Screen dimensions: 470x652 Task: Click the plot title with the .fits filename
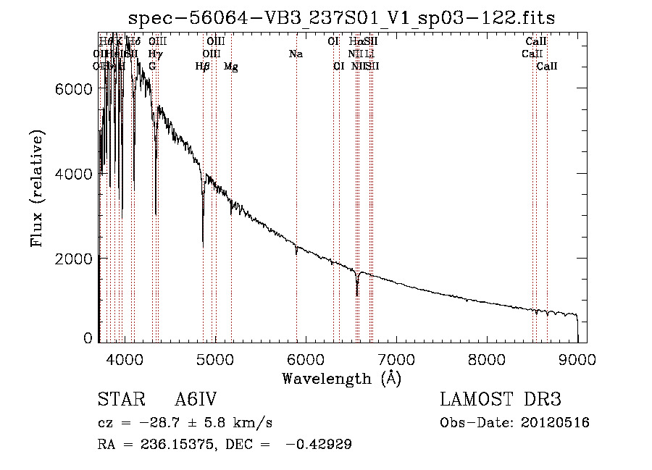tap(341, 18)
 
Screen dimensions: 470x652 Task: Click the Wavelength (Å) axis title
tap(341, 378)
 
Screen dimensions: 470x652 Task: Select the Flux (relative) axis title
tap(38, 190)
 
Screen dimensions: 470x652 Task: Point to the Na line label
tap(296, 54)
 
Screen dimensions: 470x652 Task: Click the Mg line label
tap(230, 67)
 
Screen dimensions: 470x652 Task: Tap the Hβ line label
tap(203, 67)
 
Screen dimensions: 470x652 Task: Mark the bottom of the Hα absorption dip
tap(357, 295)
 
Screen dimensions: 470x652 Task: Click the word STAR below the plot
tap(119, 400)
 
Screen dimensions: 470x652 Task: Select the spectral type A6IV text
tap(196, 400)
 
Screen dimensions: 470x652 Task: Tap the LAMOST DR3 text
tap(500, 400)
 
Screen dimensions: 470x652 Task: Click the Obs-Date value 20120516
tap(556, 423)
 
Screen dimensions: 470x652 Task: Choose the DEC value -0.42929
tap(319, 445)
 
